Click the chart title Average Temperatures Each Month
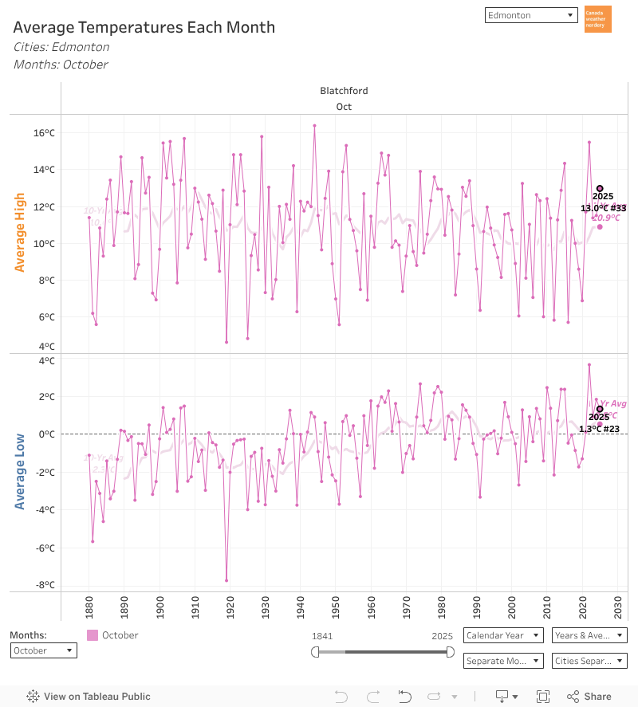pyautogui.click(x=144, y=27)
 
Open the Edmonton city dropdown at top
pyautogui.click(x=530, y=15)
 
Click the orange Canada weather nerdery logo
pyautogui.click(x=597, y=19)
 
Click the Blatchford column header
pyautogui.click(x=344, y=91)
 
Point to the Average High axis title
pyautogui.click(x=20, y=233)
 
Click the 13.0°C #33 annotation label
pyautogui.click(x=603, y=208)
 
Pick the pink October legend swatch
pyautogui.click(x=93, y=635)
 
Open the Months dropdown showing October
pyautogui.click(x=44, y=650)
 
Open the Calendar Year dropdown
pyautogui.click(x=503, y=635)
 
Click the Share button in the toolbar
pyautogui.click(x=589, y=696)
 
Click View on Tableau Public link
pyautogui.click(x=89, y=696)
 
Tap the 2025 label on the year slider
pyautogui.click(x=443, y=636)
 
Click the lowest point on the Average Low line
pyautogui.click(x=226, y=580)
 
